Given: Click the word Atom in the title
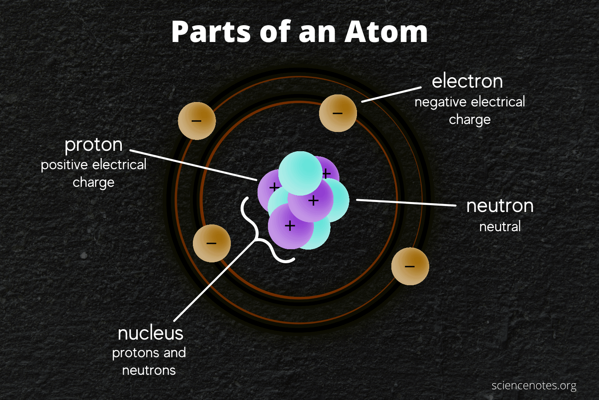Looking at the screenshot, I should [386, 32].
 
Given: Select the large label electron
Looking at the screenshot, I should [467, 81].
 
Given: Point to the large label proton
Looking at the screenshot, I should [93, 144].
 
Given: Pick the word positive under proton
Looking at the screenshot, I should [64, 164].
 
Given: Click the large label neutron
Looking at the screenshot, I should [500, 206].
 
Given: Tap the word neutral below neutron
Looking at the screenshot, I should [500, 227].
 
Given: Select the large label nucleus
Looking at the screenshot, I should [151, 333].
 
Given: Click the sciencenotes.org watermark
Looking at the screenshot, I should [534, 386].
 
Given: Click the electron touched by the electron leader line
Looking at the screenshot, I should [338, 113].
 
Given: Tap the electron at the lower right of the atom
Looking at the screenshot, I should [410, 266].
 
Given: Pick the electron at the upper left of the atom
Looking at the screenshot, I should [197, 121].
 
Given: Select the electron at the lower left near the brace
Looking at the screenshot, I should [212, 243].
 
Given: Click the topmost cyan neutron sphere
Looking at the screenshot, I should [300, 173].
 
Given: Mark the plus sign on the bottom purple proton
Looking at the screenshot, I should [290, 226].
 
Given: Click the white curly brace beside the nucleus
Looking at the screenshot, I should [258, 232].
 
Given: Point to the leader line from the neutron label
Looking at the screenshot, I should [406, 202].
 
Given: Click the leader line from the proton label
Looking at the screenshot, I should [194, 165].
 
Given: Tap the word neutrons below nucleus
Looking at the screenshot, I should [149, 370].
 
